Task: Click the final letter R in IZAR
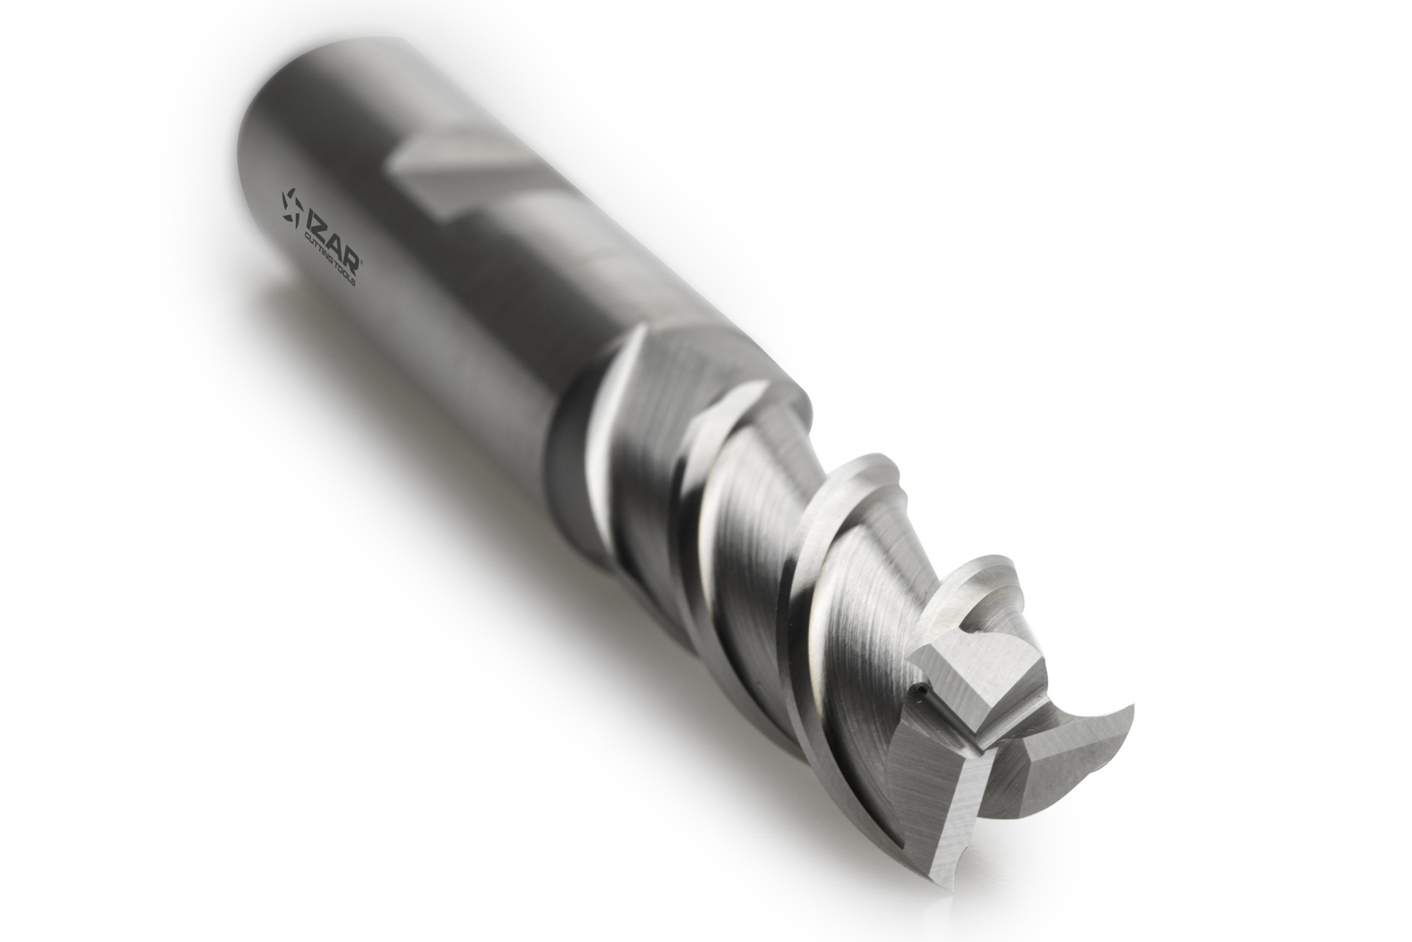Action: coord(352,254)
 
